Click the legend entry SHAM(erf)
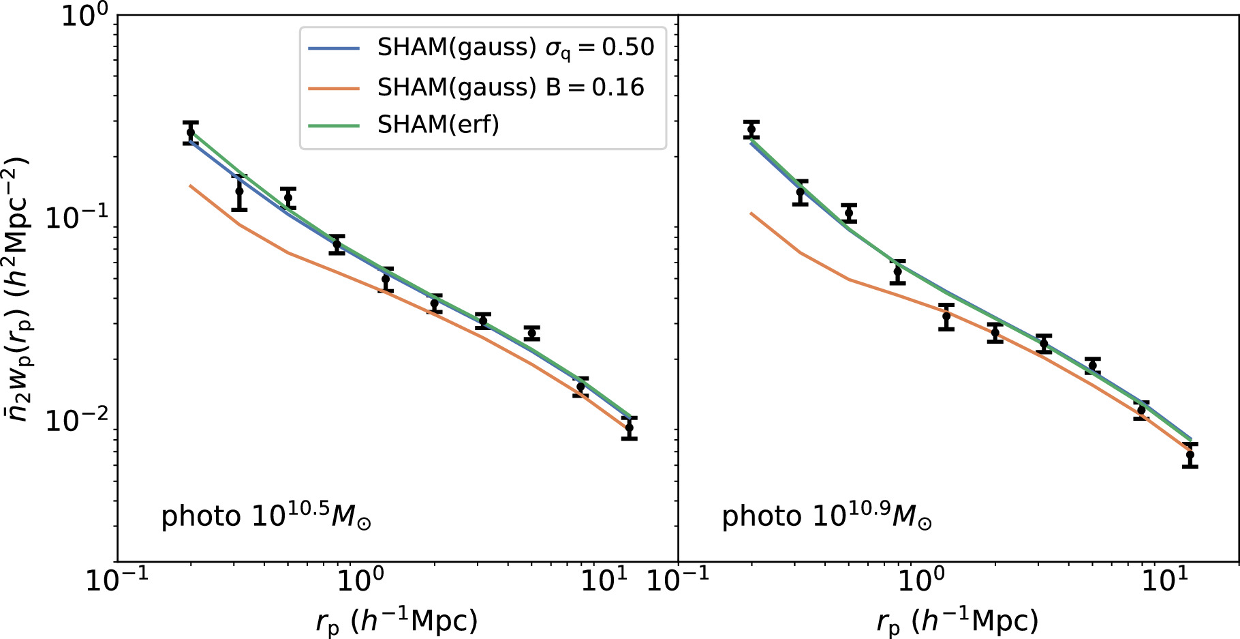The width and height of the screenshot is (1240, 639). (438, 125)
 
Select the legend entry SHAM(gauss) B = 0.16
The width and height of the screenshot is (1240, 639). (510, 87)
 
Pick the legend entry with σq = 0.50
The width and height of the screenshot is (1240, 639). (516, 48)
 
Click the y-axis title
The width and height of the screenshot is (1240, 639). (18, 289)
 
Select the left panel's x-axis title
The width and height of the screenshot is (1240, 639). (397, 621)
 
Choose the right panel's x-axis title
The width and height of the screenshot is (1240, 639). (957, 621)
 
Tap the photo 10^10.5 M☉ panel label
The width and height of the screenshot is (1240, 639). (266, 516)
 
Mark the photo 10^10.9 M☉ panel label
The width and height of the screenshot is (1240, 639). (827, 516)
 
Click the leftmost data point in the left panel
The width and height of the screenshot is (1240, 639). (191, 132)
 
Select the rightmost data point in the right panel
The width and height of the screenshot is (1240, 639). (1190, 455)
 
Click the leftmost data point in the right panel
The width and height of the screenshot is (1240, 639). (751, 130)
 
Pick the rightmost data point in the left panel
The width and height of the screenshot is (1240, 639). (630, 428)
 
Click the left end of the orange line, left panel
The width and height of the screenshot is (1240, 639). (191, 185)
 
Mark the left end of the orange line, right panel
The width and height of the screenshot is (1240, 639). (751, 213)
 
